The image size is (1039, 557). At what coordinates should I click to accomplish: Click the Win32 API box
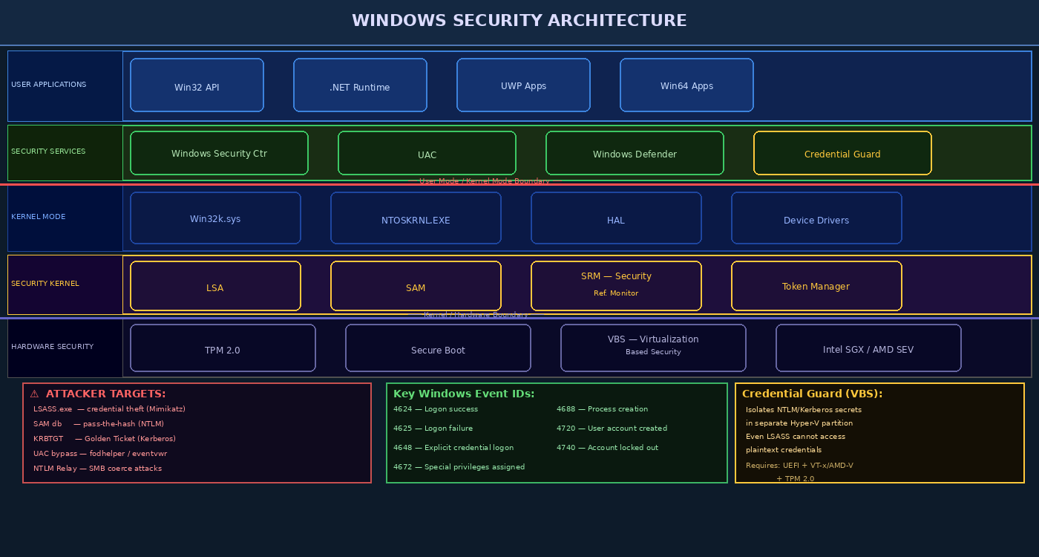pyautogui.click(x=197, y=85)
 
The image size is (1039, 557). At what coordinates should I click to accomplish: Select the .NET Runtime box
pyautogui.click(x=360, y=85)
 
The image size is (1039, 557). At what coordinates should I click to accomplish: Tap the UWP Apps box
pyautogui.click(x=523, y=85)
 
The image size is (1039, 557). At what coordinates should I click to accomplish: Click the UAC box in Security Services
pyautogui.click(x=427, y=154)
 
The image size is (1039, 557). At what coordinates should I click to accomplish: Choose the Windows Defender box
pyautogui.click(x=635, y=154)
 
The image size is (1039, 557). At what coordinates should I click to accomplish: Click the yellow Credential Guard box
pyautogui.click(x=842, y=154)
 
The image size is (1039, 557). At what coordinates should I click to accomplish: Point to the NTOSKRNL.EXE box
pyautogui.click(x=416, y=218)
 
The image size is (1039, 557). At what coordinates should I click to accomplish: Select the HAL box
pyautogui.click(x=616, y=218)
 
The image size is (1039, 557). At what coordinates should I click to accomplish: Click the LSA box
pyautogui.click(x=215, y=286)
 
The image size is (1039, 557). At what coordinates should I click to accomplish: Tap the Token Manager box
pyautogui.click(x=816, y=286)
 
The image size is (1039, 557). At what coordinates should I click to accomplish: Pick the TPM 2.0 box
pyautogui.click(x=223, y=348)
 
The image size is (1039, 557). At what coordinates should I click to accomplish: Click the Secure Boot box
pyautogui.click(x=438, y=348)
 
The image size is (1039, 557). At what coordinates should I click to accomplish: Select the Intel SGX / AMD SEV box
pyautogui.click(x=868, y=348)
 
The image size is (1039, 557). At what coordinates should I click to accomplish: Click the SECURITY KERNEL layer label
pyautogui.click(x=45, y=284)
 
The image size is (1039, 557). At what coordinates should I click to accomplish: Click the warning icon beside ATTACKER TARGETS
pyautogui.click(x=34, y=394)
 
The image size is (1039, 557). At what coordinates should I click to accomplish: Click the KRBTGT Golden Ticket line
pyautogui.click(x=105, y=439)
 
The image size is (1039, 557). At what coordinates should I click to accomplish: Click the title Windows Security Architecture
pyautogui.click(x=519, y=21)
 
